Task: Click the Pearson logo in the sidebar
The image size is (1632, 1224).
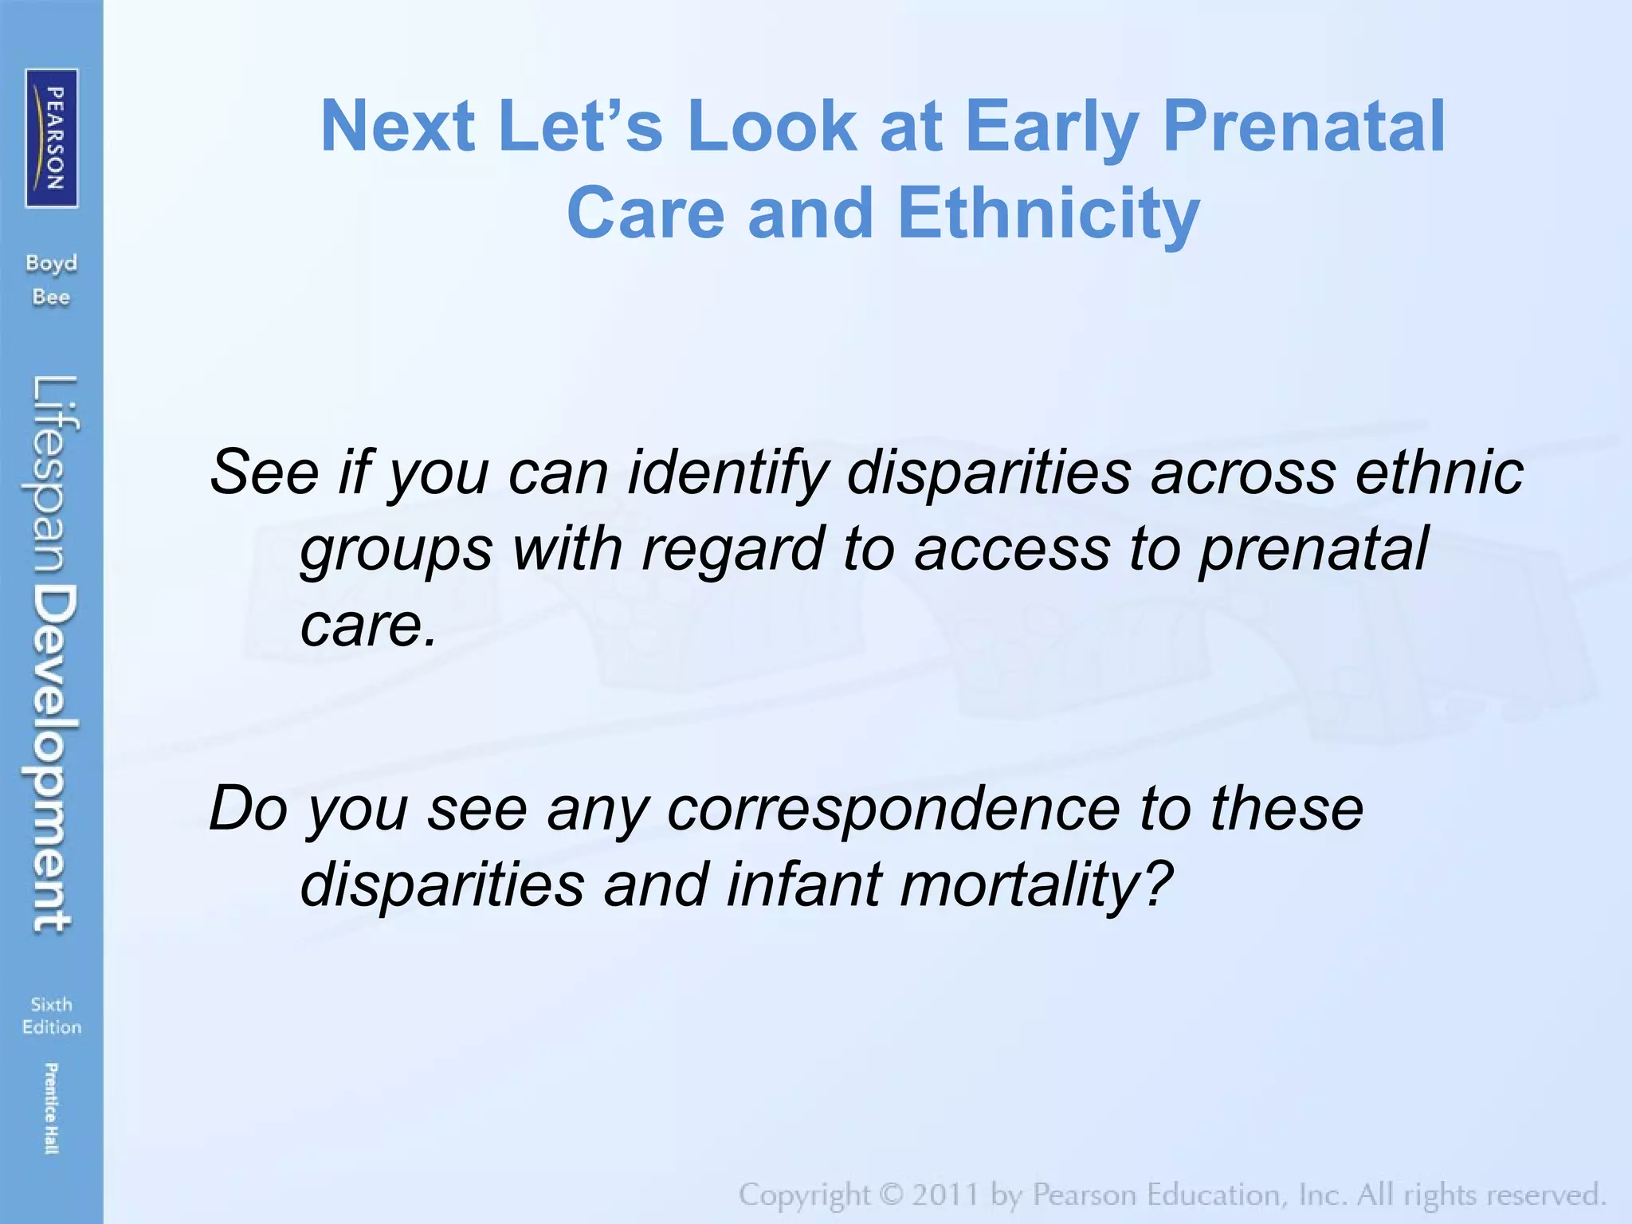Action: click(52, 138)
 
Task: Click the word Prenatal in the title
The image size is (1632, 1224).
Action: click(1304, 126)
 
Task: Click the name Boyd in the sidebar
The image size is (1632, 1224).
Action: click(52, 264)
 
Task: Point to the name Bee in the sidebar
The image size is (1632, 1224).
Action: click(51, 297)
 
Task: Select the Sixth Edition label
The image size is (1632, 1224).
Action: click(52, 1015)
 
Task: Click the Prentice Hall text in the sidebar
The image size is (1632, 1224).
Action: click(50, 1108)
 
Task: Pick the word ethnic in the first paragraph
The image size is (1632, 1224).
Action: click(1439, 473)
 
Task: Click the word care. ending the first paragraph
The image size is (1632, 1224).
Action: click(368, 624)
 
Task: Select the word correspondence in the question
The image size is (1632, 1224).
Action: click(892, 809)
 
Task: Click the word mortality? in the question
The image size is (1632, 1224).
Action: click(1036, 885)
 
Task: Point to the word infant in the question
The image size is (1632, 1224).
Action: click(805, 885)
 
